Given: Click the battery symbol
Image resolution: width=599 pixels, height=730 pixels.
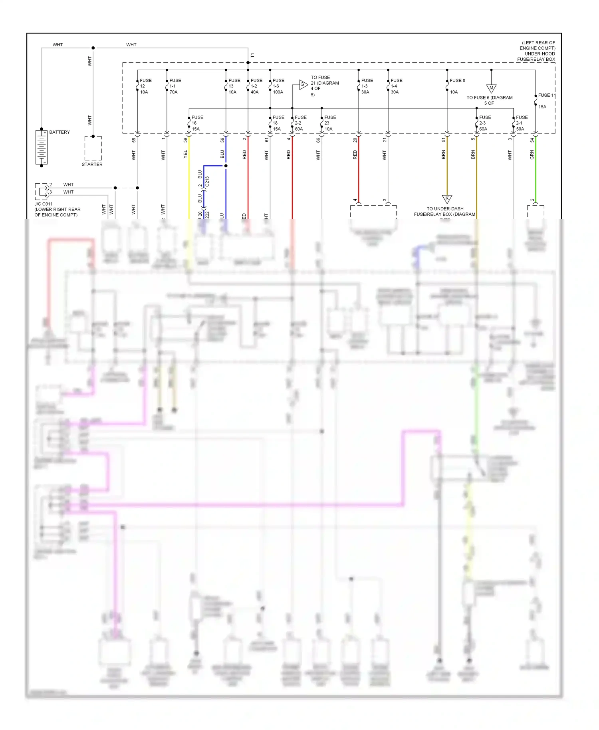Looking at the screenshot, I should tap(42, 147).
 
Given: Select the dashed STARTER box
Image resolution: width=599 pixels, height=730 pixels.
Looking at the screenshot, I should tap(93, 148).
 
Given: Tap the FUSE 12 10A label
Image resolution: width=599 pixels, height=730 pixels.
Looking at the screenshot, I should tap(145, 86).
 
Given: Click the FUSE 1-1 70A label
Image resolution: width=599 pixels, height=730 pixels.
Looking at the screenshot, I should tap(175, 86).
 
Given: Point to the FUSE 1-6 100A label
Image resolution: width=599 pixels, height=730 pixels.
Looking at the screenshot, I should tap(278, 86).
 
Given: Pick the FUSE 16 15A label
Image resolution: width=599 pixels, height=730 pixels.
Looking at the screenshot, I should tap(197, 123).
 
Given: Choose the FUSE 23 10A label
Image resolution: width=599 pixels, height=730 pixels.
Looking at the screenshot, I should tap(330, 123).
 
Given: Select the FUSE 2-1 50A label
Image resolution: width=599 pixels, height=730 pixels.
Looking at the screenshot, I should tap(522, 123).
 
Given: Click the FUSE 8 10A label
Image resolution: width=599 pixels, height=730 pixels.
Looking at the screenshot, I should tap(457, 86).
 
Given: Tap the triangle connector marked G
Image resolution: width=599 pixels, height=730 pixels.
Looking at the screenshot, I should tap(303, 84).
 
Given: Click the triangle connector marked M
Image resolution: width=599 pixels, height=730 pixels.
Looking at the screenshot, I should tap(491, 88).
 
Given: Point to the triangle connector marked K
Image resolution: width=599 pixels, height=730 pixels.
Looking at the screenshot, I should tap(447, 198).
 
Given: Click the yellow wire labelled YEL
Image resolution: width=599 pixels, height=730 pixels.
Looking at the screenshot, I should tap(189, 176).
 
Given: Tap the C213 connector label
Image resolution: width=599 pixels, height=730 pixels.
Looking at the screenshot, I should tap(207, 182).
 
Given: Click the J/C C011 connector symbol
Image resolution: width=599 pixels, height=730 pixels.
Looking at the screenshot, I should tap(42, 192).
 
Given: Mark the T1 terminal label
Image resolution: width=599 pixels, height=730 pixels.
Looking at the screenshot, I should tap(252, 56).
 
